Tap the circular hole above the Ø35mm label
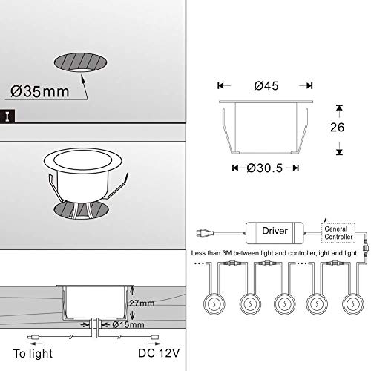(83, 62)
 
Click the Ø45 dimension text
(266, 85)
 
